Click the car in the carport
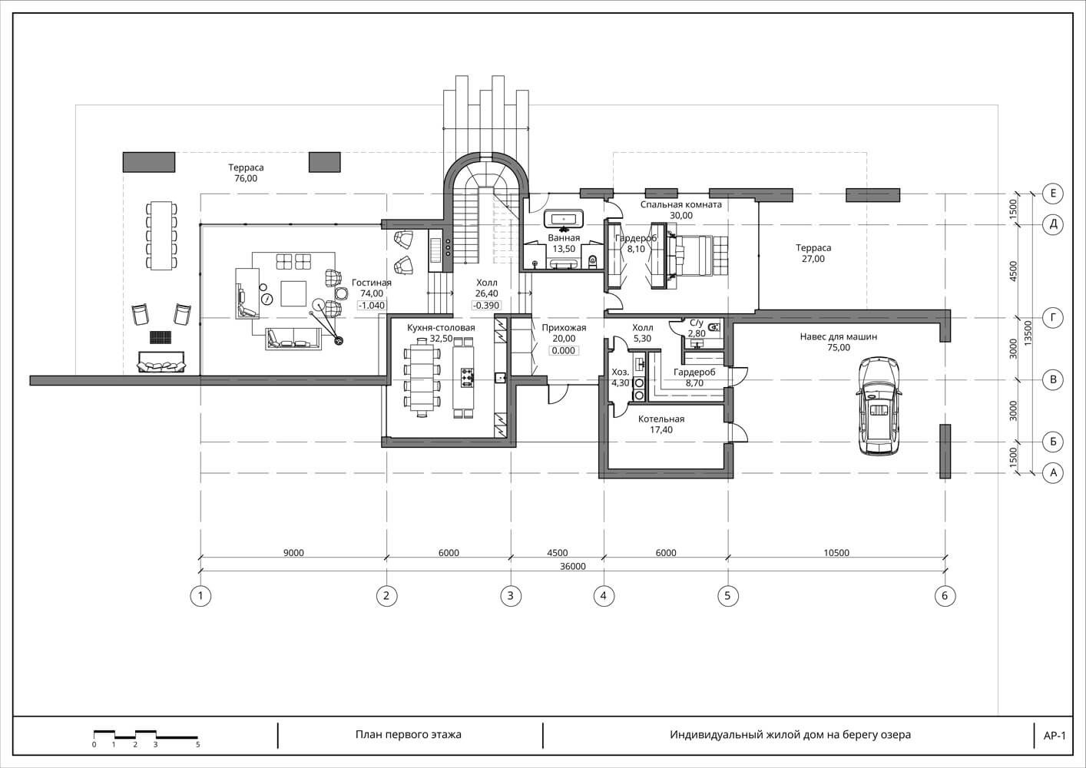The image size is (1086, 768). click(x=879, y=406)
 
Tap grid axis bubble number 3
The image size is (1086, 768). click(x=511, y=595)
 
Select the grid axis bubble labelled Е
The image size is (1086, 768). click(x=1053, y=194)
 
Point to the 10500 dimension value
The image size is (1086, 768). click(x=836, y=552)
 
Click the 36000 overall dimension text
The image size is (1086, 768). click(x=573, y=566)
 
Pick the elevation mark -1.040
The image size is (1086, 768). click(x=372, y=306)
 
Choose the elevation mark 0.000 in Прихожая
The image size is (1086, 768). click(x=564, y=350)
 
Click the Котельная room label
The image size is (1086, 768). click(x=661, y=419)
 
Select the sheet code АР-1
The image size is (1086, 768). click(x=1055, y=736)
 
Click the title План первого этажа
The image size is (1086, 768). click(x=409, y=734)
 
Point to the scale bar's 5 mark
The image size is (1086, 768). click(x=198, y=745)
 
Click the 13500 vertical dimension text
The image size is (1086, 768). click(x=1028, y=333)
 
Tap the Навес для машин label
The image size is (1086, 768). click(x=839, y=336)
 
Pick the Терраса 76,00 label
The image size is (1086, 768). click(x=247, y=173)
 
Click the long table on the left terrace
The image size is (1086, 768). click(x=161, y=236)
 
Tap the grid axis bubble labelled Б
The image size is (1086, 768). click(x=1053, y=442)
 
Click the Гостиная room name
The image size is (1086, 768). click(x=372, y=283)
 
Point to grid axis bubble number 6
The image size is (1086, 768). click(x=945, y=595)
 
